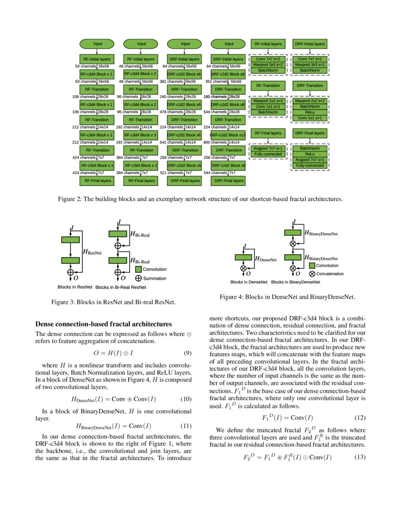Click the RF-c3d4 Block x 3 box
[141, 135]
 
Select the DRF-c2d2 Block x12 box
[229, 135]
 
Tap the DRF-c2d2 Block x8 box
[229, 104]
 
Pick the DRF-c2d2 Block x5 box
[185, 166]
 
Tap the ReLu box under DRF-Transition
[309, 112]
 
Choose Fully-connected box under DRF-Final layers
[309, 166]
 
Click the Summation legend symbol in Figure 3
[139, 278]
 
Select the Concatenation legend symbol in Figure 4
[312, 274]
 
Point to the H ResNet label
[92, 253]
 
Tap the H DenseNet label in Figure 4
[265, 259]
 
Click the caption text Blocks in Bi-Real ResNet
[121, 287]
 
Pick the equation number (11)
[186, 426]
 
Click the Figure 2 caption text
[200, 199]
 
